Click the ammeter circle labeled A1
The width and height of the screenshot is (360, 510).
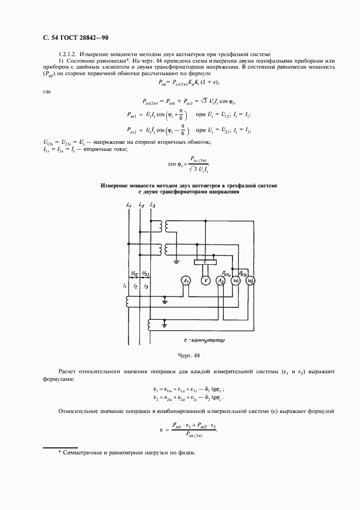[186, 281]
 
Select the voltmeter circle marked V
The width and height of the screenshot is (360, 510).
[205, 281]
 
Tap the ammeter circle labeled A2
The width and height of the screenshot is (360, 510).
[221, 281]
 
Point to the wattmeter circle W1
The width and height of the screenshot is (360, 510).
[236, 281]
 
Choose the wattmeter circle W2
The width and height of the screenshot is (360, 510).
[251, 281]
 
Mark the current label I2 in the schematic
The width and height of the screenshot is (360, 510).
[135, 286]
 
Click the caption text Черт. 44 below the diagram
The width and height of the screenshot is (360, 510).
[188, 355]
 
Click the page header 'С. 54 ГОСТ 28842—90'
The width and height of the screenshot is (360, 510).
[72, 38]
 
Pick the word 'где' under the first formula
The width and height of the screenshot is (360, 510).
[47, 91]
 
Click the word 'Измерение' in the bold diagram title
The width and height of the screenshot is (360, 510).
[116, 186]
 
